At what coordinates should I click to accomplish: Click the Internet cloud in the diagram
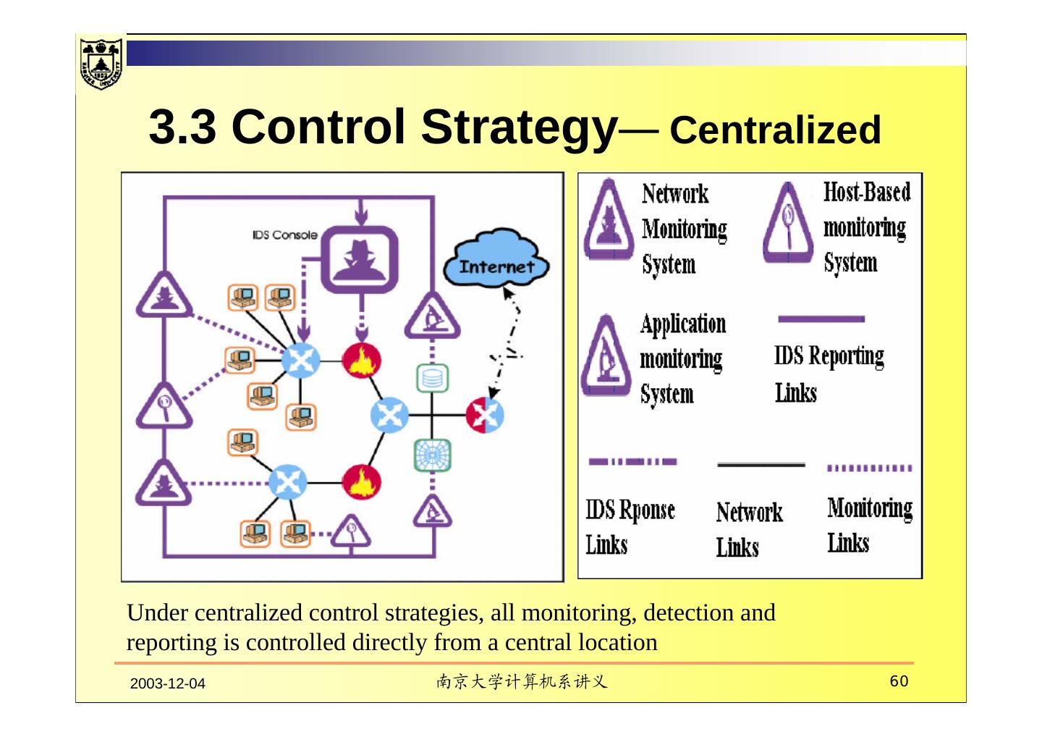496,262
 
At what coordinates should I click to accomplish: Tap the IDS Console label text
285,235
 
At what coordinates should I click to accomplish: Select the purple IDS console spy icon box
360,259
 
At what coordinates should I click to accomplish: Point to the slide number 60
899,681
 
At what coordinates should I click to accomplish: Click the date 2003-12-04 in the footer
168,683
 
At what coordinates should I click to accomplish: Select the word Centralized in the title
775,130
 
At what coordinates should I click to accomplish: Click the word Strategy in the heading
518,127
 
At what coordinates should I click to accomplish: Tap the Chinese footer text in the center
521,681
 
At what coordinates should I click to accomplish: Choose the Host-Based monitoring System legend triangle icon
787,223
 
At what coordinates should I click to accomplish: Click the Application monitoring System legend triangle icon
606,355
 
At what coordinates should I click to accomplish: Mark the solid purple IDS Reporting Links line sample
821,319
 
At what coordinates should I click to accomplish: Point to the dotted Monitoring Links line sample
869,468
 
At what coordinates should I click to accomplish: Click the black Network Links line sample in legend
761,465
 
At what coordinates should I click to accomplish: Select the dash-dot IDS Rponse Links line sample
632,461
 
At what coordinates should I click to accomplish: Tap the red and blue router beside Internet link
485,415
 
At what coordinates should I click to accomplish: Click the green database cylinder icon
432,378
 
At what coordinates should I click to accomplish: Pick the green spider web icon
432,455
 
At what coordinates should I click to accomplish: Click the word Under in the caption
157,613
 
